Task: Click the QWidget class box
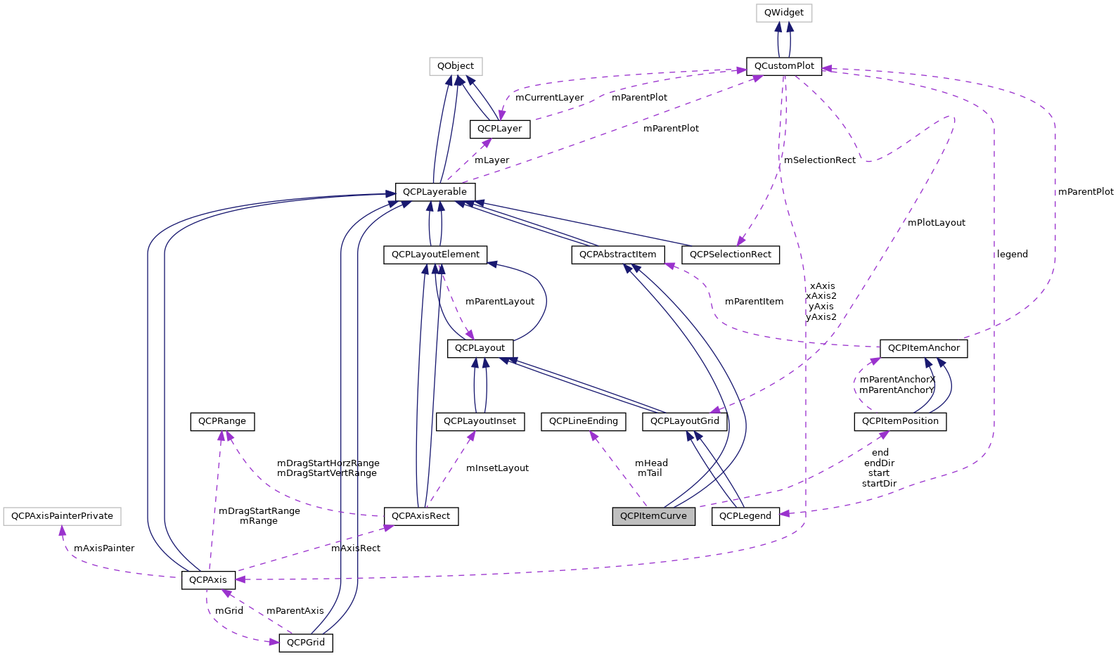(783, 13)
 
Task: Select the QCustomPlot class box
(783, 66)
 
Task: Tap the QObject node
(456, 66)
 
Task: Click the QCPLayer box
(499, 129)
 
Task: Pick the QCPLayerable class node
(435, 191)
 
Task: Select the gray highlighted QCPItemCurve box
(653, 516)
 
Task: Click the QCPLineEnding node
(583, 421)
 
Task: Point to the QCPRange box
(221, 421)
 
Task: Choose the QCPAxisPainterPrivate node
(62, 516)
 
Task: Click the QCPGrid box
(305, 643)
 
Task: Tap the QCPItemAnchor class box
(923, 348)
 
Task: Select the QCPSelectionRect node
(730, 255)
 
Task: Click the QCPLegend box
(745, 516)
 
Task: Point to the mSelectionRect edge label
(819, 160)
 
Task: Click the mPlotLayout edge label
(936, 223)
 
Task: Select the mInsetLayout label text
(497, 468)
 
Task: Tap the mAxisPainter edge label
(103, 548)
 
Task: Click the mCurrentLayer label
(549, 98)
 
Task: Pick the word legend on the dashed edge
(1012, 255)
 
